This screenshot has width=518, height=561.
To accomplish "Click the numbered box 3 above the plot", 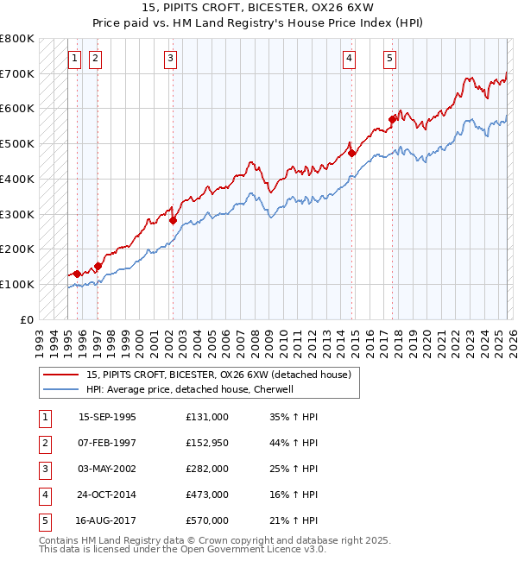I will pyautogui.click(x=170, y=59).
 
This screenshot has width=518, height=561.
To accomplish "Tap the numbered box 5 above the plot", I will pyautogui.click(x=390, y=59).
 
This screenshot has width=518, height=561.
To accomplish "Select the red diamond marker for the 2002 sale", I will pyautogui.click(x=173, y=220).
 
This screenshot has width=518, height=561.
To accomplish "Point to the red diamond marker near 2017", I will pyautogui.click(x=393, y=119).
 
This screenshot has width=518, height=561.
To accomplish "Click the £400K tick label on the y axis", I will pyautogui.click(x=17, y=179).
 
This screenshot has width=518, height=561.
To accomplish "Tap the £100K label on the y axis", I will pyautogui.click(x=17, y=284).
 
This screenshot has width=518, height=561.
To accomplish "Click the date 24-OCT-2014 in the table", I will pyautogui.click(x=107, y=495).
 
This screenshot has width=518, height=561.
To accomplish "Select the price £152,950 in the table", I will pyautogui.click(x=207, y=443).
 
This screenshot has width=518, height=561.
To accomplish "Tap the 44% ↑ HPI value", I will pyautogui.click(x=294, y=443).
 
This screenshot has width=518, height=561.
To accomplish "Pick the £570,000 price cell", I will pyautogui.click(x=207, y=520).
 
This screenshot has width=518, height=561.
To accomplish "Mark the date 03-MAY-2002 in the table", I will pyautogui.click(x=107, y=469).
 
